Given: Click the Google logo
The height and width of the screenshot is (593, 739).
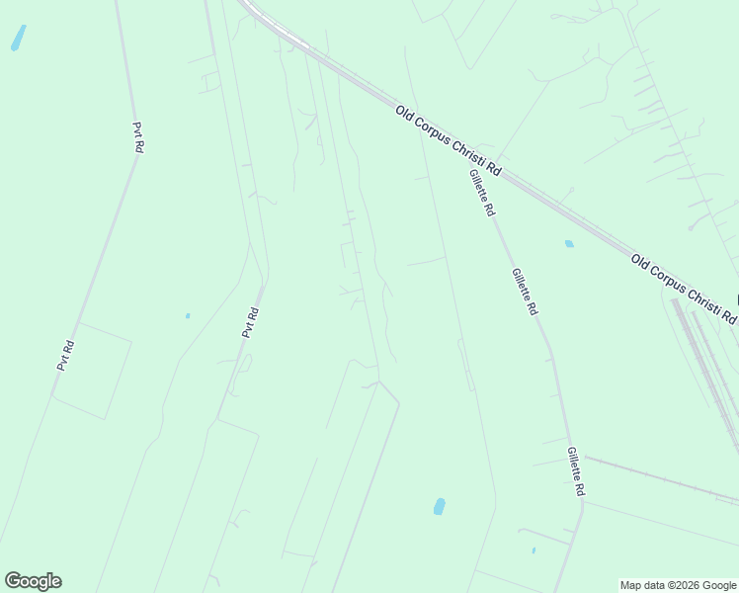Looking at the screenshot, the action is (x=33, y=581).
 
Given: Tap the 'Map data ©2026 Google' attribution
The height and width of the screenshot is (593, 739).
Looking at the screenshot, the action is (x=678, y=585).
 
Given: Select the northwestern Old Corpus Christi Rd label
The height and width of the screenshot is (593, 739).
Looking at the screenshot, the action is (x=449, y=141).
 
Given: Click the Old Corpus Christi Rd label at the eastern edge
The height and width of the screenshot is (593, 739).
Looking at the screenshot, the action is (x=684, y=290).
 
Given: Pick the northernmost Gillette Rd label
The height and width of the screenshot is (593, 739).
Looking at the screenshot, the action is (x=482, y=194).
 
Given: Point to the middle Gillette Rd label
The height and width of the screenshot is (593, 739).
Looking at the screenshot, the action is (x=525, y=292).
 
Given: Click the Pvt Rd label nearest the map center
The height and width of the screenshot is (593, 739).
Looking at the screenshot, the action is (x=251, y=323).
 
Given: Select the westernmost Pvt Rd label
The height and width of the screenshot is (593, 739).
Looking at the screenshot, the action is (x=65, y=355).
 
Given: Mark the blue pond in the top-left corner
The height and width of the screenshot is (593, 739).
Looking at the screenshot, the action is (x=18, y=38).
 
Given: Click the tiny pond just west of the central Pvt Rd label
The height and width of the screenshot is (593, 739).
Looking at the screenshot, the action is (x=187, y=316).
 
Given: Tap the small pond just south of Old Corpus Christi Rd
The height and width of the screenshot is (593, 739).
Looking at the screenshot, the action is (x=569, y=243).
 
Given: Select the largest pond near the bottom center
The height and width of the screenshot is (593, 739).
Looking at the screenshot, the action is (x=439, y=507).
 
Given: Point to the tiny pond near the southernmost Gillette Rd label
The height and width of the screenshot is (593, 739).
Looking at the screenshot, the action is (x=534, y=551).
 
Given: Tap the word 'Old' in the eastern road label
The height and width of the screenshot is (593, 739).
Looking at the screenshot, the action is (x=641, y=264).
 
